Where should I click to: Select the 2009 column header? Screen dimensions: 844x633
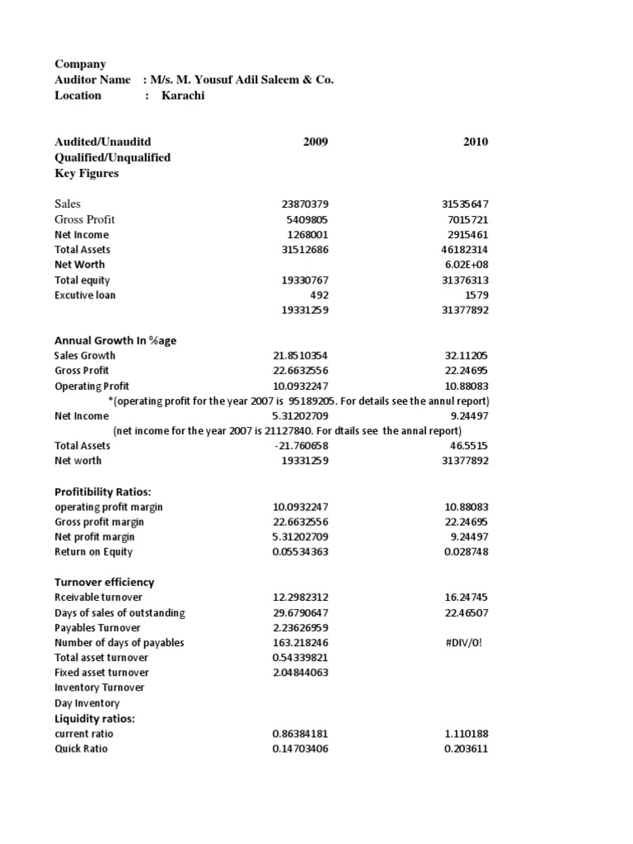tap(316, 142)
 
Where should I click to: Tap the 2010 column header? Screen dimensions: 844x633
tap(476, 142)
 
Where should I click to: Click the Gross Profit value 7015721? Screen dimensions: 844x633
tap(467, 219)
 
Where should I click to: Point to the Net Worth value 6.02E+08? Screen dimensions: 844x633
tap(467, 265)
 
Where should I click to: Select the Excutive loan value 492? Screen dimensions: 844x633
tap(319, 295)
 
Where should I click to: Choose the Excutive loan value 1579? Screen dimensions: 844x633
tap(477, 295)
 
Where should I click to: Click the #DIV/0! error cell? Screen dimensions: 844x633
tap(471, 643)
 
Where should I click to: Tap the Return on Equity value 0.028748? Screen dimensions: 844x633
tap(467, 552)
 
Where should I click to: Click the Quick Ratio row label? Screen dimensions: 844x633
tap(81, 748)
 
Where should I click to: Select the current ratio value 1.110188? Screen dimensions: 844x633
tap(467, 734)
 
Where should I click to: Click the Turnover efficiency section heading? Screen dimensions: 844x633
tap(104, 582)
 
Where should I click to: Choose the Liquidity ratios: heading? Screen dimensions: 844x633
tap(95, 719)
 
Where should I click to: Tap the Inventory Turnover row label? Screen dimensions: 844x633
tap(99, 687)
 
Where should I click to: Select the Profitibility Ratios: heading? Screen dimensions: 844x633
tap(103, 492)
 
